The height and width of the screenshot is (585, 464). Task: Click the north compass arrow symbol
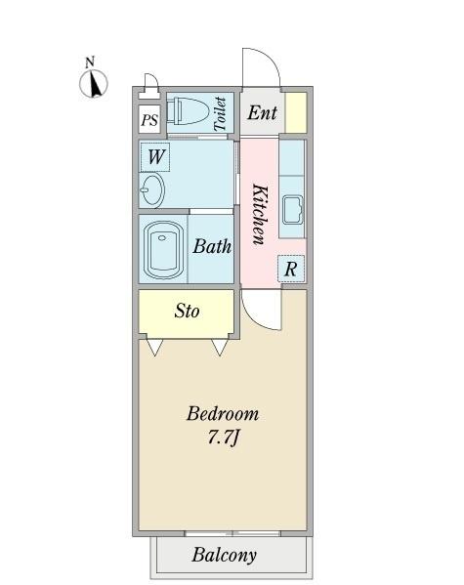[94, 83]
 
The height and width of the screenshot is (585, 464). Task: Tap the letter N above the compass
[90, 62]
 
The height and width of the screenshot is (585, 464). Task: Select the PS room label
[149, 120]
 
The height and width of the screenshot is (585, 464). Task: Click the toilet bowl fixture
[187, 111]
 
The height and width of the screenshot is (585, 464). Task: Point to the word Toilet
[220, 113]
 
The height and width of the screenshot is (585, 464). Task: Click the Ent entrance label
[262, 112]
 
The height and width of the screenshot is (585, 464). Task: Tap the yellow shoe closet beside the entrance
[296, 112]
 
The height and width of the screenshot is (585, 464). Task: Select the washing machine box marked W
[155, 156]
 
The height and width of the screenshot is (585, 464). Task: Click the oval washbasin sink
[152, 188]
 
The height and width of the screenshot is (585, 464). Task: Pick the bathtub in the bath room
[163, 250]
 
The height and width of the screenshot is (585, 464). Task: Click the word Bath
[212, 246]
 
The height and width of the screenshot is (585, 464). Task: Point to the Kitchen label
[260, 214]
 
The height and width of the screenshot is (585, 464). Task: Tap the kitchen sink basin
[292, 210]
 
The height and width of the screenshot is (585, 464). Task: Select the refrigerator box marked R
[291, 269]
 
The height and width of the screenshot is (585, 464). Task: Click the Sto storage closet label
[187, 311]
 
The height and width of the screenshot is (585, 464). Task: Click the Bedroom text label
[223, 414]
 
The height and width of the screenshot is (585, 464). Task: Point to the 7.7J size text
[223, 437]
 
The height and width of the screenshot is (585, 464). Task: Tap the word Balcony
[224, 555]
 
